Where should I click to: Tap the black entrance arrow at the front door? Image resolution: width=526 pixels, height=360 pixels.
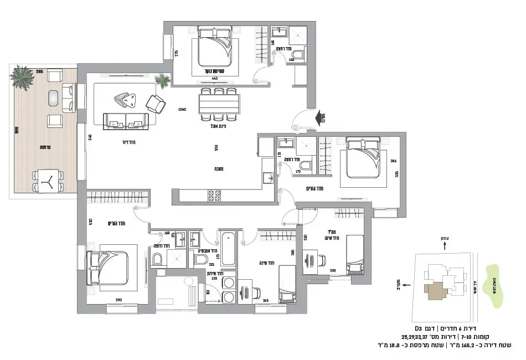[x=321, y=117]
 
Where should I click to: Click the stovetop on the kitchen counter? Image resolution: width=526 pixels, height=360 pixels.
[x=214, y=196]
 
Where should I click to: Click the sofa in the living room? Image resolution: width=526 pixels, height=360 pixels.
[x=126, y=120]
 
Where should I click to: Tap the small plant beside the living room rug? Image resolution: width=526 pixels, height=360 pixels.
[x=163, y=81]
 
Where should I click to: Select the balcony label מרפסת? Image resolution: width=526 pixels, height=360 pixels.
[x=45, y=147]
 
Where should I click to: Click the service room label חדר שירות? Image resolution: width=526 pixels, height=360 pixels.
[x=214, y=273]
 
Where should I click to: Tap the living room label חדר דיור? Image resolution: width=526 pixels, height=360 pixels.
[x=128, y=142]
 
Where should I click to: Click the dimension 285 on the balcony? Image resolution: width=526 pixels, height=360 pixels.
[x=40, y=72]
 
